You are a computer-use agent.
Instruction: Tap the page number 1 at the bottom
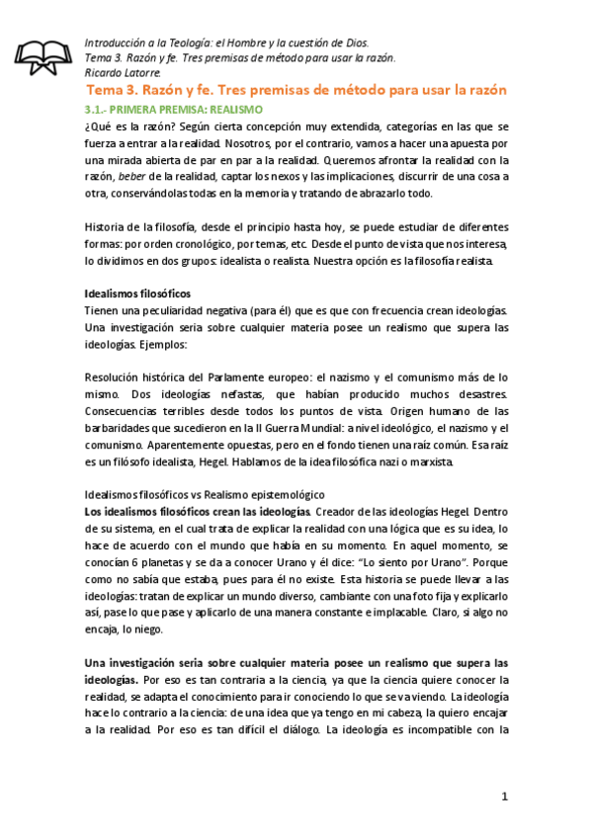coord(503,796)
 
